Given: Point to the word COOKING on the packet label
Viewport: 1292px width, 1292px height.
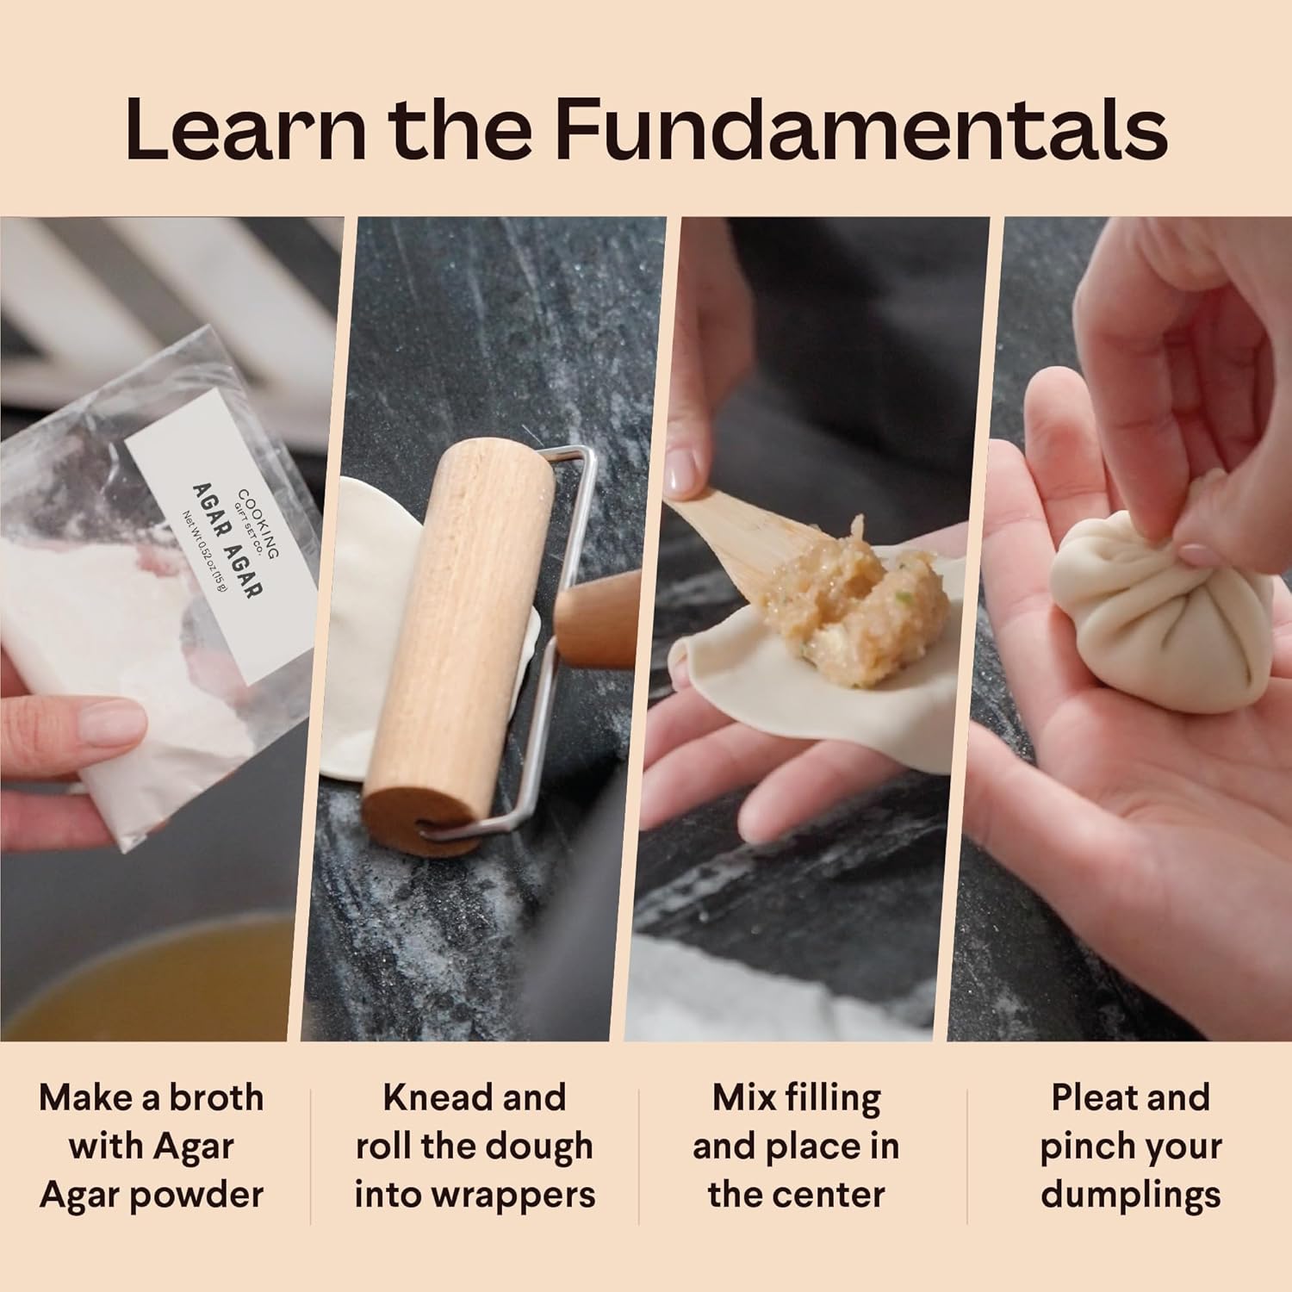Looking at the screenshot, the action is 258,524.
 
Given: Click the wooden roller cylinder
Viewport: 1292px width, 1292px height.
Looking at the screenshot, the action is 458,646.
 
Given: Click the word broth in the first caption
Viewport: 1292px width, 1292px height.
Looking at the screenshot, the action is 215,1097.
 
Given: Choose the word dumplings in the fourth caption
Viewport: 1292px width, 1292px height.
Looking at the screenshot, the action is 1131,1196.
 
